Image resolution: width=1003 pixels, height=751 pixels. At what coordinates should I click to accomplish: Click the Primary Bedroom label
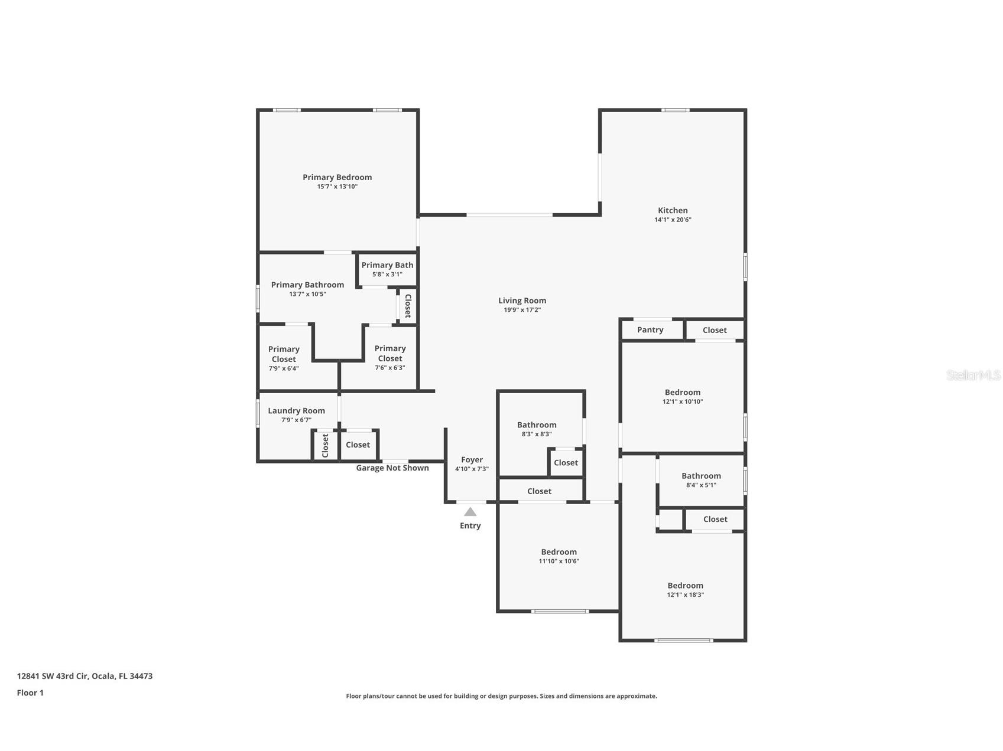337,177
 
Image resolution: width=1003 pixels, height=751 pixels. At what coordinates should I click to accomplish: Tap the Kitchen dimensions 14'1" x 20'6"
673,220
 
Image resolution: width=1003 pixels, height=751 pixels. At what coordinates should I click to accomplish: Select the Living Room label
522,301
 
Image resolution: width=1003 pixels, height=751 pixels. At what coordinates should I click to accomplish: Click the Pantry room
650,330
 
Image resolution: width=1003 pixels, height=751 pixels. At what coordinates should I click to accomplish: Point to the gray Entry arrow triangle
470,512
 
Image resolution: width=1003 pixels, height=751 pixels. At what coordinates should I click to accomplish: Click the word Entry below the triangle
470,525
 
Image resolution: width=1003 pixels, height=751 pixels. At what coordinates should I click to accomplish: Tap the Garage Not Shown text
392,468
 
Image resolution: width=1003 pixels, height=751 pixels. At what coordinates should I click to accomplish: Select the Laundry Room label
296,411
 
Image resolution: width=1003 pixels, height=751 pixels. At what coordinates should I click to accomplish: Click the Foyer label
472,459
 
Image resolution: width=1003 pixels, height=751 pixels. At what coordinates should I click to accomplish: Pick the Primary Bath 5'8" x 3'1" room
387,269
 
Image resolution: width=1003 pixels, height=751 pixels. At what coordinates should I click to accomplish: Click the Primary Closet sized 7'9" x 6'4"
284,358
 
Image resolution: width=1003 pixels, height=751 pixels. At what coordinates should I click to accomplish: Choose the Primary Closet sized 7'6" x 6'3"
389,357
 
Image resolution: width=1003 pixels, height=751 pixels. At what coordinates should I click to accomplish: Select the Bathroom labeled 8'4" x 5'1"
701,480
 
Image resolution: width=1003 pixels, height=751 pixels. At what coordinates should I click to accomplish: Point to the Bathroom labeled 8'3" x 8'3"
537,429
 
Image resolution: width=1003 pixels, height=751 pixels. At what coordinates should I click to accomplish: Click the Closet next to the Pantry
715,330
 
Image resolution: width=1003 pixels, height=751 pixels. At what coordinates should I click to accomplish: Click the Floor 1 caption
30,693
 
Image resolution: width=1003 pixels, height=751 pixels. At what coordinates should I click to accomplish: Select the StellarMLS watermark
973,375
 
